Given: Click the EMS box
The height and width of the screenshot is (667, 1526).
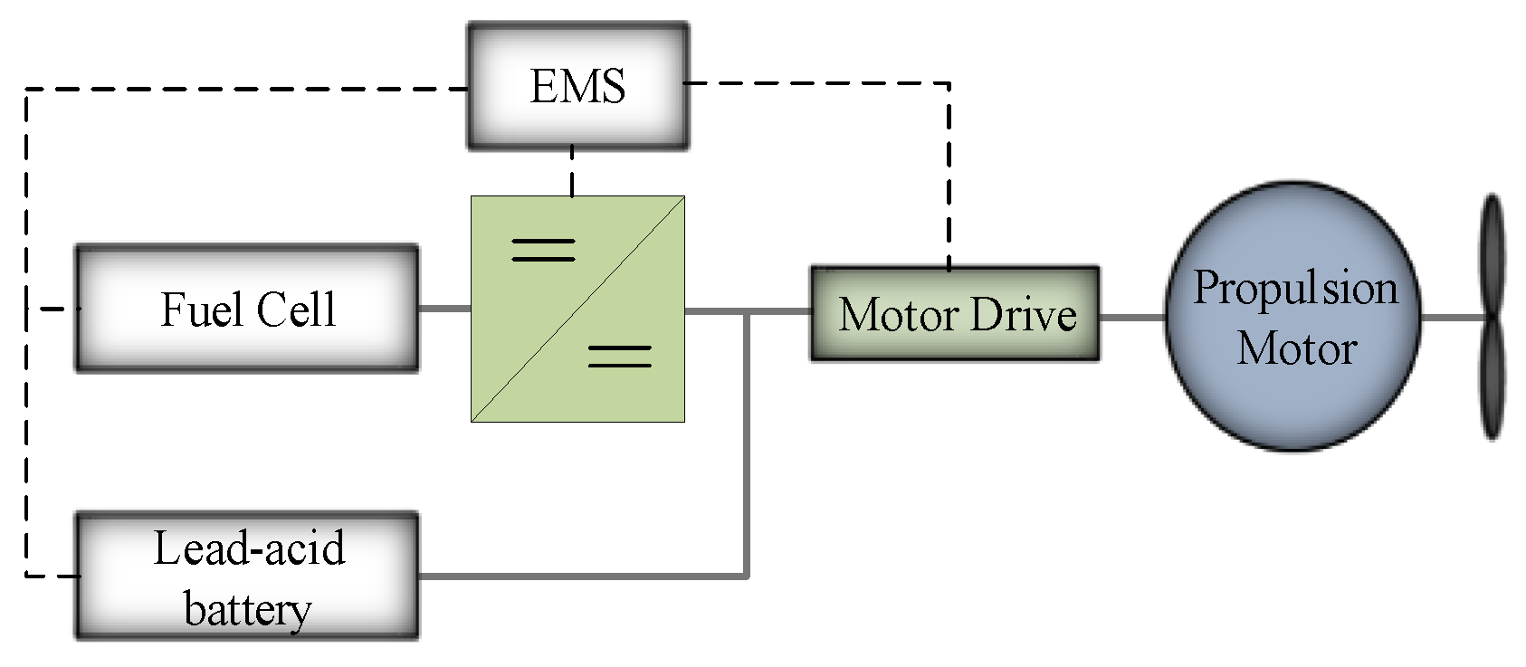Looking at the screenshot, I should click(x=577, y=86).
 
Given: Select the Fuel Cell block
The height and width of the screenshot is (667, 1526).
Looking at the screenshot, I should click(x=246, y=309).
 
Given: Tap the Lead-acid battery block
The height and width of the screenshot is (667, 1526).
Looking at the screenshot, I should click(x=246, y=576).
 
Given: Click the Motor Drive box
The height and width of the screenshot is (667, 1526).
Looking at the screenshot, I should click(x=955, y=314).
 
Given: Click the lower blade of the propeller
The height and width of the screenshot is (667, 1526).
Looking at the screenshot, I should click(x=1492, y=380).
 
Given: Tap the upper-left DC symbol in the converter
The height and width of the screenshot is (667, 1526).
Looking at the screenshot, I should click(x=543, y=250).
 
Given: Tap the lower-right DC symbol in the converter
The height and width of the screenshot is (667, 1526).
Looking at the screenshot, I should click(x=619, y=356).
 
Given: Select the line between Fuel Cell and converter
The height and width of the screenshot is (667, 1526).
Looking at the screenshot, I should click(x=443, y=309).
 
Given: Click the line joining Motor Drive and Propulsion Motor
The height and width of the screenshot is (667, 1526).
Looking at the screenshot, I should click(x=1131, y=317).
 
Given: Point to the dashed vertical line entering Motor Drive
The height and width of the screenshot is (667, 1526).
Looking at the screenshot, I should click(x=949, y=181).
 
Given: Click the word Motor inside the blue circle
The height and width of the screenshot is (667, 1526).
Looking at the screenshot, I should click(x=1296, y=349).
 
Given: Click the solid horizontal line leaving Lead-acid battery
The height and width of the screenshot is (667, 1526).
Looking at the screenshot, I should click(x=579, y=576).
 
